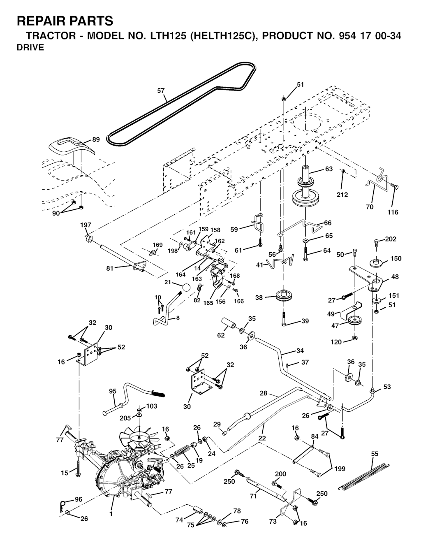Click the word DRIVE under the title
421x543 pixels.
click(x=30, y=47)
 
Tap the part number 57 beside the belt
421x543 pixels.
click(x=161, y=90)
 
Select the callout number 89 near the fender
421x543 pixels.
click(x=96, y=139)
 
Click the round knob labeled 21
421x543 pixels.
click(x=185, y=287)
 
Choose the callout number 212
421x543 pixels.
click(x=342, y=195)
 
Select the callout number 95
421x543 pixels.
click(x=113, y=391)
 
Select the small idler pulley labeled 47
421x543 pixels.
click(x=355, y=321)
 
